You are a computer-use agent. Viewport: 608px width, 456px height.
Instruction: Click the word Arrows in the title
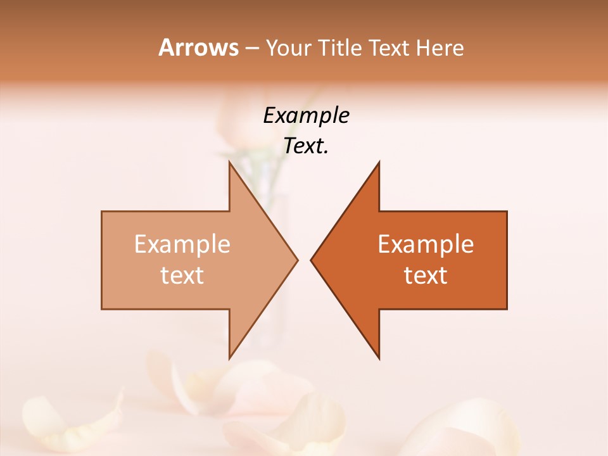198,47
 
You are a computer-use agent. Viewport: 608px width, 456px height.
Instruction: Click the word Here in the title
440,47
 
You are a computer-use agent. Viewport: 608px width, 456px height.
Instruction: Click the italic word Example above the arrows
306,115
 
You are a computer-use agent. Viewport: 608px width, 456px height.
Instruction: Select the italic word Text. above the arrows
306,146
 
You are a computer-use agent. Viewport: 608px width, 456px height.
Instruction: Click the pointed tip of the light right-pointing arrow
297,260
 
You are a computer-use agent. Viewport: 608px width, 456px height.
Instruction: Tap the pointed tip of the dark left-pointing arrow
311,260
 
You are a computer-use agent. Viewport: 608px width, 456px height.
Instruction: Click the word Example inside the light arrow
182,244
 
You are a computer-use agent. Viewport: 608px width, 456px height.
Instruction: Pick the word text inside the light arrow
182,275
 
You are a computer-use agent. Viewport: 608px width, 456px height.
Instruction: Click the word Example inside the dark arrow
426,244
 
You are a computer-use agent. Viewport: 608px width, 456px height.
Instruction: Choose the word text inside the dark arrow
426,275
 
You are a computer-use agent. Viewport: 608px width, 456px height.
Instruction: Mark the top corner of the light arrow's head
229,162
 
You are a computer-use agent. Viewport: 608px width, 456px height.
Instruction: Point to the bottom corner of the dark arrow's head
379,358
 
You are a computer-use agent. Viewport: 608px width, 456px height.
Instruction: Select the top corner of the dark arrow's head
379,162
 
